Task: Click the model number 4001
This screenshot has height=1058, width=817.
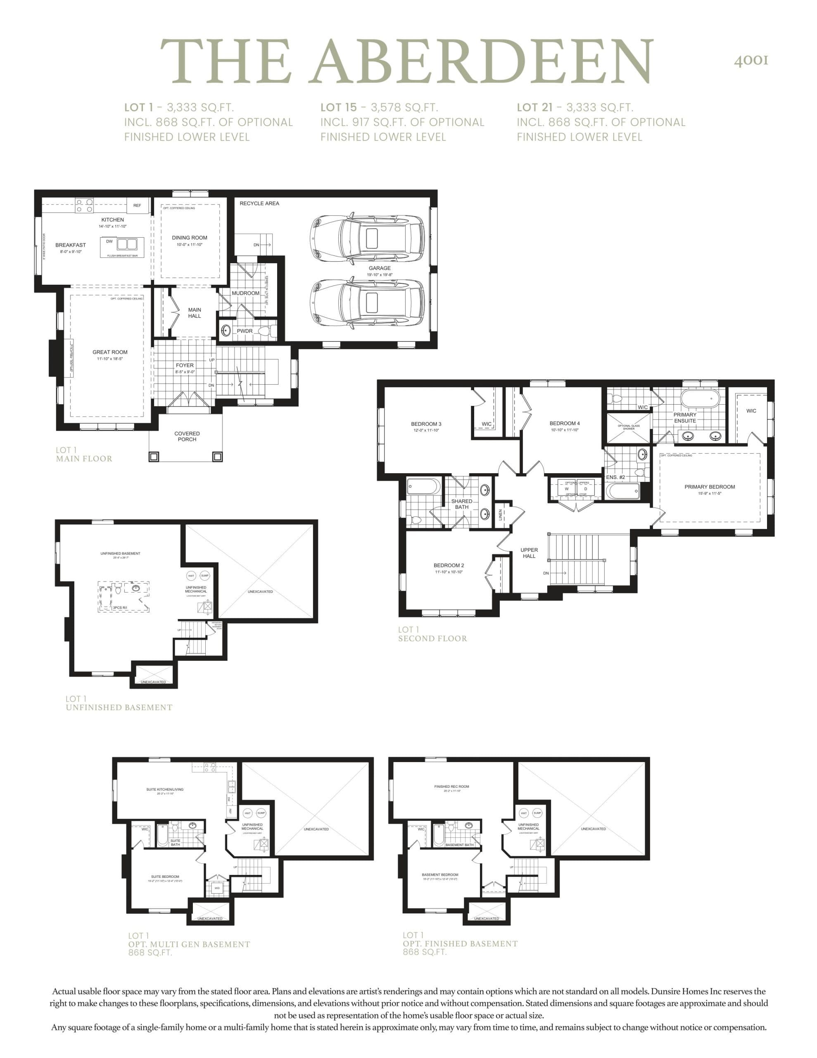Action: pyautogui.click(x=750, y=60)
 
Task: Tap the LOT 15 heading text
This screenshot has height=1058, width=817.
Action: pyautogui.click(x=338, y=107)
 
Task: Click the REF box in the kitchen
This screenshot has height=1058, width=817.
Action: pyautogui.click(x=137, y=205)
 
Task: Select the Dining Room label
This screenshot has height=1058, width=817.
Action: pyautogui.click(x=189, y=238)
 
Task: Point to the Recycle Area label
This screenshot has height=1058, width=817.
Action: pyautogui.click(x=259, y=203)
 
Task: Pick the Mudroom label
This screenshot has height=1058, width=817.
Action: pyautogui.click(x=245, y=293)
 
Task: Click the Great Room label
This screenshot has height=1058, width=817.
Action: pyautogui.click(x=110, y=352)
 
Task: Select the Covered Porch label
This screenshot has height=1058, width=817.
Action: pyautogui.click(x=187, y=436)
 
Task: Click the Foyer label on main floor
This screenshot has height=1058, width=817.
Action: pyautogui.click(x=185, y=365)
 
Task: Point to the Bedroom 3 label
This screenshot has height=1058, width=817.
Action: pyautogui.click(x=426, y=424)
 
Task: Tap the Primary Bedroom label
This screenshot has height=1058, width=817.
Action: pyautogui.click(x=710, y=487)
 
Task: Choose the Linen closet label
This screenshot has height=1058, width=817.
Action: pyautogui.click(x=500, y=515)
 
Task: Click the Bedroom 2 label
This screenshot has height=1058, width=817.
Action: pyautogui.click(x=449, y=565)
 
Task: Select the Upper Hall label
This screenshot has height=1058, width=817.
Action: pyautogui.click(x=529, y=553)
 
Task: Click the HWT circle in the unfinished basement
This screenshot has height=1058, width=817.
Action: pyautogui.click(x=191, y=576)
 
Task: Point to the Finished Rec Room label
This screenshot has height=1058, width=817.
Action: pyautogui.click(x=451, y=787)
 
